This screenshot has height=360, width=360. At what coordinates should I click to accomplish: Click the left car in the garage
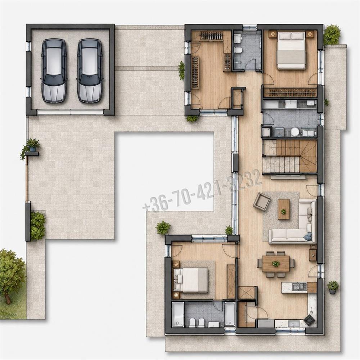point(54,71)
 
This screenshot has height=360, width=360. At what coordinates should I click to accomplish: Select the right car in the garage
point(90,71)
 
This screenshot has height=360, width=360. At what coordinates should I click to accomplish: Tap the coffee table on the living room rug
point(284,209)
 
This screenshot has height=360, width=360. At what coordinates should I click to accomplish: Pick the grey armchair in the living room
point(261,201)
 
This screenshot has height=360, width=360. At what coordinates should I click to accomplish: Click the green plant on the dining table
point(276,264)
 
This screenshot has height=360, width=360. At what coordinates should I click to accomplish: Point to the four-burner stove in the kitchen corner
point(310,320)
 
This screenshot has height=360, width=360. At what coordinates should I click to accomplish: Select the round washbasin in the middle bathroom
point(294,132)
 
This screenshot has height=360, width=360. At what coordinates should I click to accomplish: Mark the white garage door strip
point(70,112)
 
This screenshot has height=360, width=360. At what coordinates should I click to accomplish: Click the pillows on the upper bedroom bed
point(291,36)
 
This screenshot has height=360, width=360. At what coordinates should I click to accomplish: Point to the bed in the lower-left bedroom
point(190,280)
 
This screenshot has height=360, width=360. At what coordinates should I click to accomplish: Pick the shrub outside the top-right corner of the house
point(332,35)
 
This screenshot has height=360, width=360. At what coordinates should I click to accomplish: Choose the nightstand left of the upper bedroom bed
point(273,34)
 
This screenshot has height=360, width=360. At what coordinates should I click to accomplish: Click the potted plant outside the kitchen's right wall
point(333,287)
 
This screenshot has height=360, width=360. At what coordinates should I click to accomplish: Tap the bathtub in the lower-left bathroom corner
point(178,314)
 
